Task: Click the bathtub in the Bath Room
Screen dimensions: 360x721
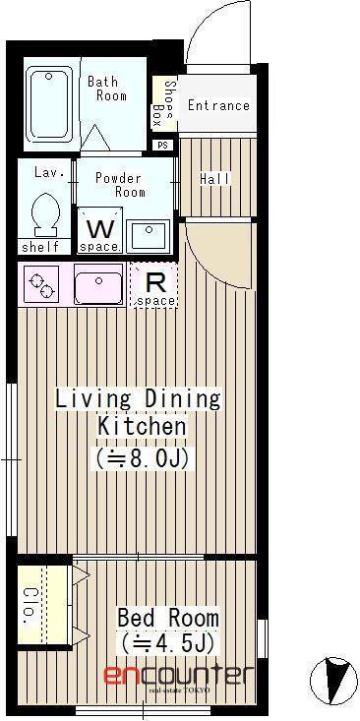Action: click(x=49, y=104)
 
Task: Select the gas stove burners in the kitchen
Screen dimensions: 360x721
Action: click(x=41, y=284)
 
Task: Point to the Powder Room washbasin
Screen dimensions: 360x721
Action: click(x=149, y=235)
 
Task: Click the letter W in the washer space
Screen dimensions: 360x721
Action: click(x=99, y=229)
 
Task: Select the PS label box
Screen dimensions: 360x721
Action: click(x=162, y=145)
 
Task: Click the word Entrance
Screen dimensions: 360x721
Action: click(x=218, y=105)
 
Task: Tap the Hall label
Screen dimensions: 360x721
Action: click(x=215, y=179)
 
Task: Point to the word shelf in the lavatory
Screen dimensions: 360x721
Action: click(x=40, y=247)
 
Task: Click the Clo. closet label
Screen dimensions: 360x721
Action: click(x=30, y=606)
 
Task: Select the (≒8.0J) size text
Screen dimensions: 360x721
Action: click(x=143, y=459)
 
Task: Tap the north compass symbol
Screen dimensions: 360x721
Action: click(x=333, y=681)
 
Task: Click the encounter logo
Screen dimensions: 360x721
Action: click(x=178, y=676)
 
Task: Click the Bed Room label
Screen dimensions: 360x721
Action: click(x=168, y=618)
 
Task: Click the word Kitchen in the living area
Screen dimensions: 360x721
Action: click(x=142, y=426)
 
